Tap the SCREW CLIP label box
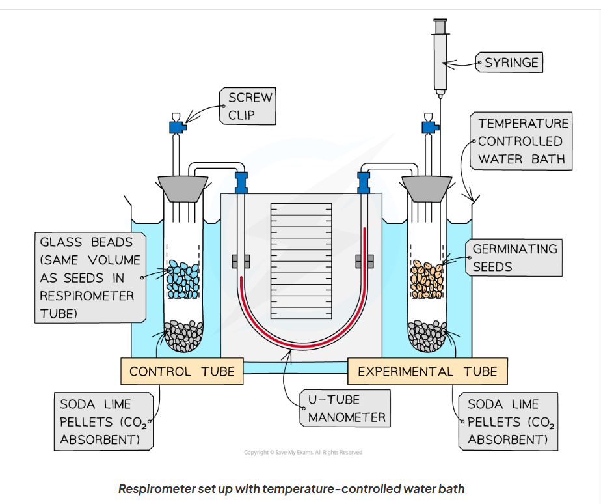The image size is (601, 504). click(x=250, y=107)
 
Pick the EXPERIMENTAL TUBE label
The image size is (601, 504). click(x=427, y=372)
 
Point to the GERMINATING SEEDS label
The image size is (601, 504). click(x=514, y=258)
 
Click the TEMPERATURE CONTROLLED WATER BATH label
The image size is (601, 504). click(x=523, y=141)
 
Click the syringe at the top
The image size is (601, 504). click(x=440, y=55)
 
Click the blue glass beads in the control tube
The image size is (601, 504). click(x=183, y=281)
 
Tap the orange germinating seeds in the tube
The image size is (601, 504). click(x=427, y=281)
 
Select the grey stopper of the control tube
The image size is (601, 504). click(x=183, y=188)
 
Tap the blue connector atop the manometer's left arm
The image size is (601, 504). click(x=242, y=182)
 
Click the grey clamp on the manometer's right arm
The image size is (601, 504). click(x=365, y=261)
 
